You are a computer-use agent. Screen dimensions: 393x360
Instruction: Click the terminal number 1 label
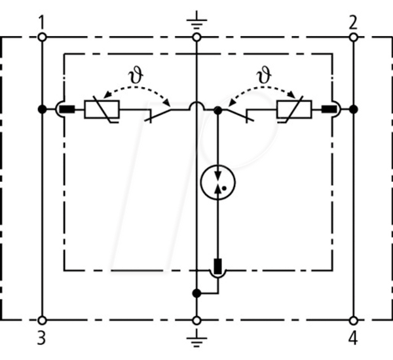pyautogui.click(x=42, y=22)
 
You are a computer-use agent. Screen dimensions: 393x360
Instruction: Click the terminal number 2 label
pyautogui.click(x=353, y=22)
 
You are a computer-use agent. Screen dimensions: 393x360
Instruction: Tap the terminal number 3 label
pyautogui.click(x=42, y=338)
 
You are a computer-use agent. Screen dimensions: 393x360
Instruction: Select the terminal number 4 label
pyautogui.click(x=353, y=338)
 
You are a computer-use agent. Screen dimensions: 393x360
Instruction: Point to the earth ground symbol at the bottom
pyautogui.click(x=196, y=338)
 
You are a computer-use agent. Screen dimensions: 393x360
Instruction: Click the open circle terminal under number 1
pyautogui.click(x=42, y=37)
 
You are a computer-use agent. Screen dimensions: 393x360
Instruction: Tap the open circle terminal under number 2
pyautogui.click(x=354, y=37)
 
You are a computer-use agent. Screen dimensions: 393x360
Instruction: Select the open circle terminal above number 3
pyautogui.click(x=42, y=321)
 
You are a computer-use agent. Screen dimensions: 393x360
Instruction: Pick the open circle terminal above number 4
pyautogui.click(x=354, y=321)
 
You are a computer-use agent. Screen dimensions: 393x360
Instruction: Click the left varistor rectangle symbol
pyautogui.click(x=102, y=109)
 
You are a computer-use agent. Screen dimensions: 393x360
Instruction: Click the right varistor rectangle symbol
pyautogui.click(x=294, y=109)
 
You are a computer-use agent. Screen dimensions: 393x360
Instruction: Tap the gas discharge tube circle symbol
pyautogui.click(x=218, y=183)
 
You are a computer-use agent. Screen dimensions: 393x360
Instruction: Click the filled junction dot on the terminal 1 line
pyautogui.click(x=42, y=109)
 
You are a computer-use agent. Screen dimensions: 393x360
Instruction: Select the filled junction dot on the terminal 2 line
pyautogui.click(x=354, y=109)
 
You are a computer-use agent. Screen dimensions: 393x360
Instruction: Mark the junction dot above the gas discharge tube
pyautogui.click(x=218, y=110)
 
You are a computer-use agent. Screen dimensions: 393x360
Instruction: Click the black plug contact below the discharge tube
pyautogui.click(x=218, y=266)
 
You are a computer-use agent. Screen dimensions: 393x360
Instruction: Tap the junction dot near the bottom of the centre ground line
pyautogui.click(x=196, y=293)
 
